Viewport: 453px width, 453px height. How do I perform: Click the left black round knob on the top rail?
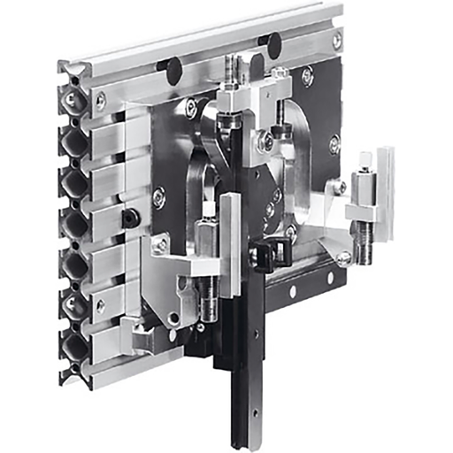tap(173, 66)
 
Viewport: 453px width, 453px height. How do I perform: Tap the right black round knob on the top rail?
tap(274, 42)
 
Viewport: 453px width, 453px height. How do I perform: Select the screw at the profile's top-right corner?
tap(337, 42)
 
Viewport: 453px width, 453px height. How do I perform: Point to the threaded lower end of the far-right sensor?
tap(364, 239)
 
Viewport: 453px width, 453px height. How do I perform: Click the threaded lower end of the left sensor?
tap(208, 306)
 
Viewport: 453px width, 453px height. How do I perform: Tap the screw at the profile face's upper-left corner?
tap(100, 102)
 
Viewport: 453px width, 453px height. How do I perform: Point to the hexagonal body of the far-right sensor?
tap(362, 188)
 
